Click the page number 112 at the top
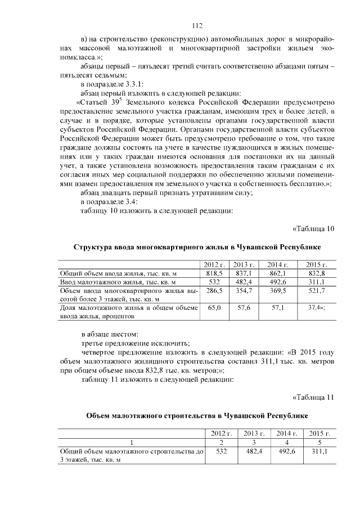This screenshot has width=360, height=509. (196, 26)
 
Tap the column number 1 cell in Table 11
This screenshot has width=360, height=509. (132, 442)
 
